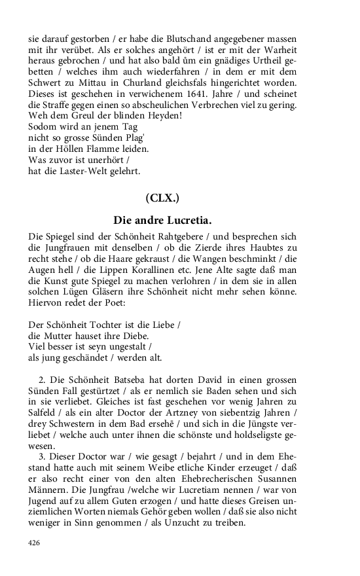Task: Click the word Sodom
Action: tap(42, 127)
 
